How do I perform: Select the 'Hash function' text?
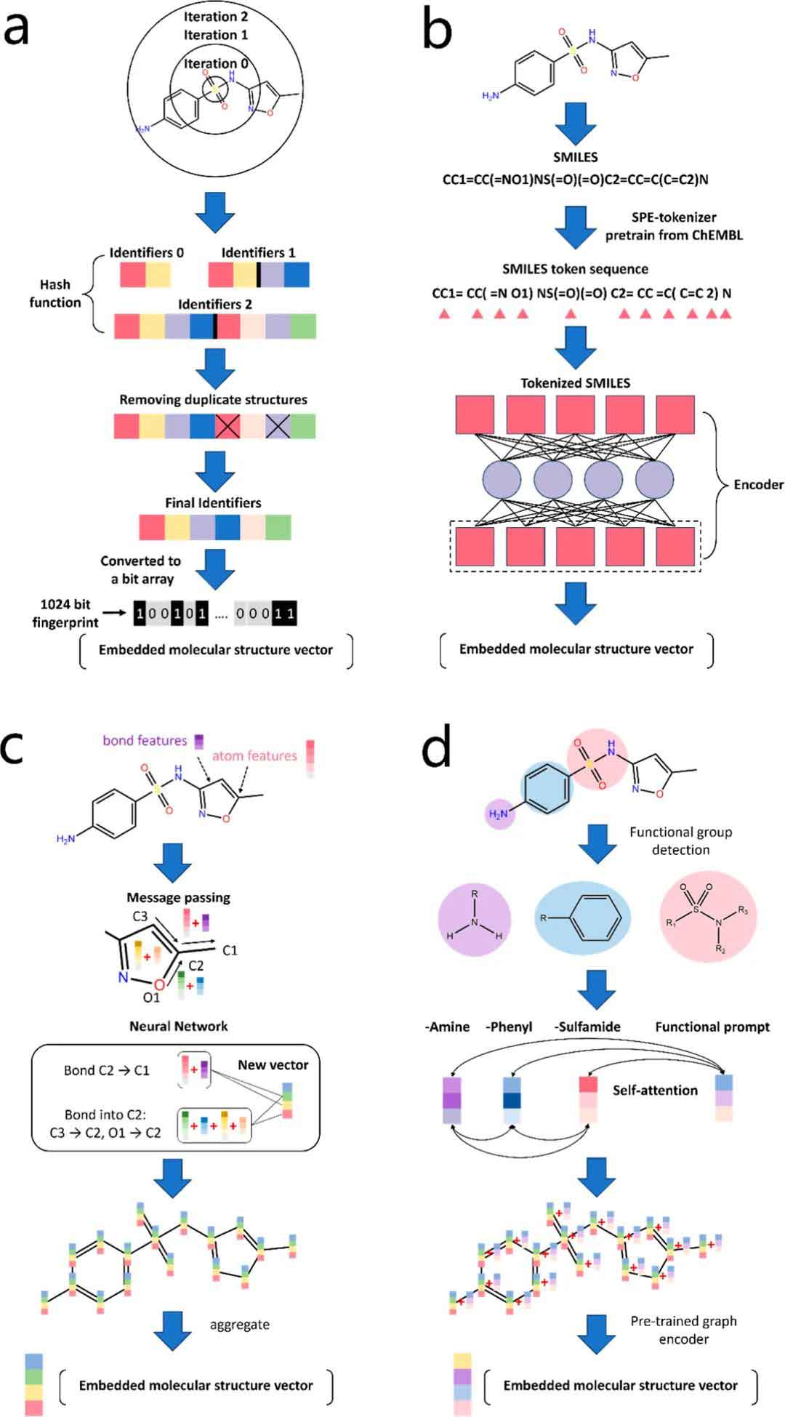[x=55, y=294]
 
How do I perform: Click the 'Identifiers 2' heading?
[x=215, y=304]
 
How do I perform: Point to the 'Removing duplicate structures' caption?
[x=213, y=399]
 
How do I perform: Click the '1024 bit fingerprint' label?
[x=65, y=613]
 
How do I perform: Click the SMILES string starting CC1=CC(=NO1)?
[x=575, y=179]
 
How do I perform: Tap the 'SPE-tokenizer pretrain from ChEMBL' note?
[x=674, y=225]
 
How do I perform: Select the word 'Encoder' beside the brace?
[x=758, y=484]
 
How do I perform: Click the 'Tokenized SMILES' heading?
[x=575, y=383]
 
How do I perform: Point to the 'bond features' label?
[x=145, y=740]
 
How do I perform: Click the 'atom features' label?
[x=254, y=756]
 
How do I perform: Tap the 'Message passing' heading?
[x=178, y=897]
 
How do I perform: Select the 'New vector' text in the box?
[x=273, y=1064]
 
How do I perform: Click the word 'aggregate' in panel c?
[x=239, y=1325]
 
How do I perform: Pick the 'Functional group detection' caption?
[x=680, y=840]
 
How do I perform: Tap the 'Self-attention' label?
[x=654, y=1090]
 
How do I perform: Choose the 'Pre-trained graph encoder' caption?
[x=683, y=1330]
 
